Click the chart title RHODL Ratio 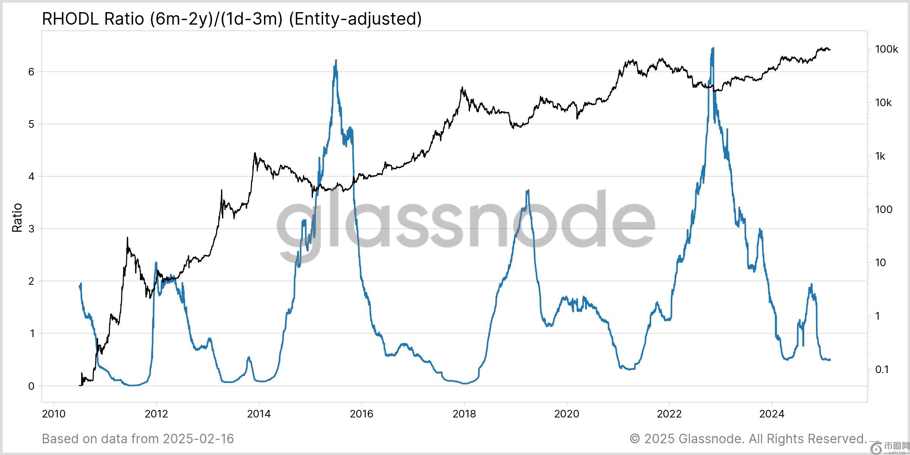[231, 19]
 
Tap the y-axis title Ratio [17, 218]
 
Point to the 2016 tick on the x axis [361, 413]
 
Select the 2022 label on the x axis [669, 413]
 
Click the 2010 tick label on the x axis [53, 413]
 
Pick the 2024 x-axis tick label [772, 413]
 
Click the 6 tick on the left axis [31, 72]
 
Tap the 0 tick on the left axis [31, 386]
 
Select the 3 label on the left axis [31, 229]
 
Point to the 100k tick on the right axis [886, 49]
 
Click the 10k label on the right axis [883, 103]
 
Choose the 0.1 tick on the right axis [882, 369]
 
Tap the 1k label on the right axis [880, 156]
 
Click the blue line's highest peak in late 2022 [713, 48]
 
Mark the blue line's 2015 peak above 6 [336, 60]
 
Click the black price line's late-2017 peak [462, 88]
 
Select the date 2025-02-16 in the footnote [198, 439]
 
